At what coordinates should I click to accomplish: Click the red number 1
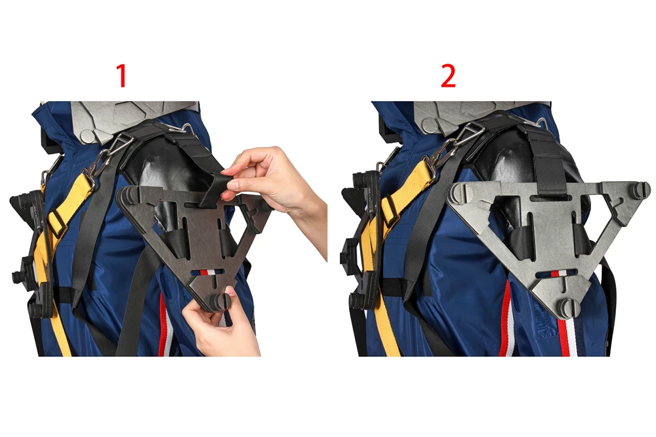click(122, 75)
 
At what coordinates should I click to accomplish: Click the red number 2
click(448, 75)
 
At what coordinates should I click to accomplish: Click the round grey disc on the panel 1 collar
click(88, 136)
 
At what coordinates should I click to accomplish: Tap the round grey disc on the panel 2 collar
click(430, 124)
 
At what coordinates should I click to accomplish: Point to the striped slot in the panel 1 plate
click(205, 272)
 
